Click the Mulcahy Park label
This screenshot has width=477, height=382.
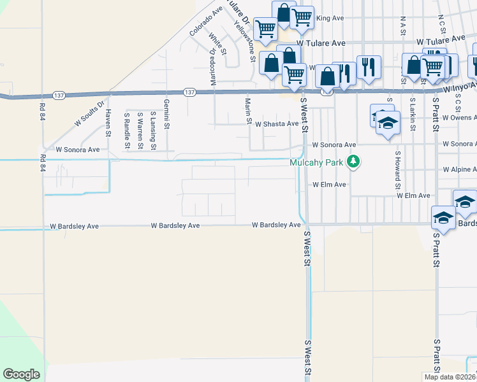[x=316, y=162]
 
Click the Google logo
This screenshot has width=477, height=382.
[x=21, y=374]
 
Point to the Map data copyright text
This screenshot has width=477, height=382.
[x=450, y=377]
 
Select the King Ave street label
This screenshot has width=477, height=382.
[x=330, y=18]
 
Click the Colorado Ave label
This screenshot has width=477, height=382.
[x=205, y=21]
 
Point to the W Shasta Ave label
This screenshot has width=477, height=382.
[x=277, y=124]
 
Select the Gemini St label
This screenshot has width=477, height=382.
[x=166, y=114]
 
